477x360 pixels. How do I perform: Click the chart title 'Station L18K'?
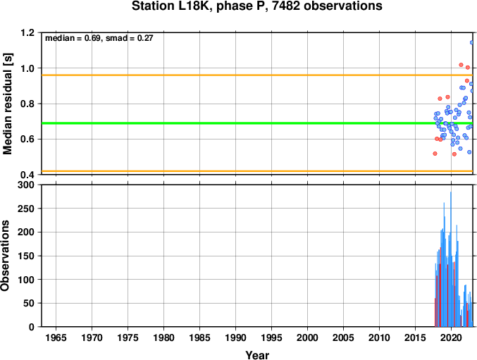(171, 6)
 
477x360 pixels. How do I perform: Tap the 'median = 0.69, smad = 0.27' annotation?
(99, 38)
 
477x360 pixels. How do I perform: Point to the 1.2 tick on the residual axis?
(27, 32)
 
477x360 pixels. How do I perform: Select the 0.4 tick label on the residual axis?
(27, 175)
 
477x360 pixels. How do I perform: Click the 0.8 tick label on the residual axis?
(27, 104)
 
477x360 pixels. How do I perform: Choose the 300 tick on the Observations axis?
(26, 185)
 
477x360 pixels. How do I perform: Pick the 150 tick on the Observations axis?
(26, 256)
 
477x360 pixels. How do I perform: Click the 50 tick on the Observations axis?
(29, 304)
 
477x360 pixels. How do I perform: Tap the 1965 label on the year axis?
(56, 337)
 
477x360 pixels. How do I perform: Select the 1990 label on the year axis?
(235, 337)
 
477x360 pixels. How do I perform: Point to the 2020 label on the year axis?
(451, 337)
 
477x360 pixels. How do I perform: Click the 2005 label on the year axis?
(343, 337)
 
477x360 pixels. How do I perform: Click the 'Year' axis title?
(257, 355)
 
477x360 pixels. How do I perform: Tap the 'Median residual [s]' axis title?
(7, 104)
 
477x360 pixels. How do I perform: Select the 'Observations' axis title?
(5, 256)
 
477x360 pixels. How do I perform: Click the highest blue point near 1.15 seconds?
(472, 42)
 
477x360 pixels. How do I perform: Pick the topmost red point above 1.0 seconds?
(461, 65)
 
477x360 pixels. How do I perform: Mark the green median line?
(257, 123)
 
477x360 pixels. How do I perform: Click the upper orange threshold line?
(257, 75)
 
